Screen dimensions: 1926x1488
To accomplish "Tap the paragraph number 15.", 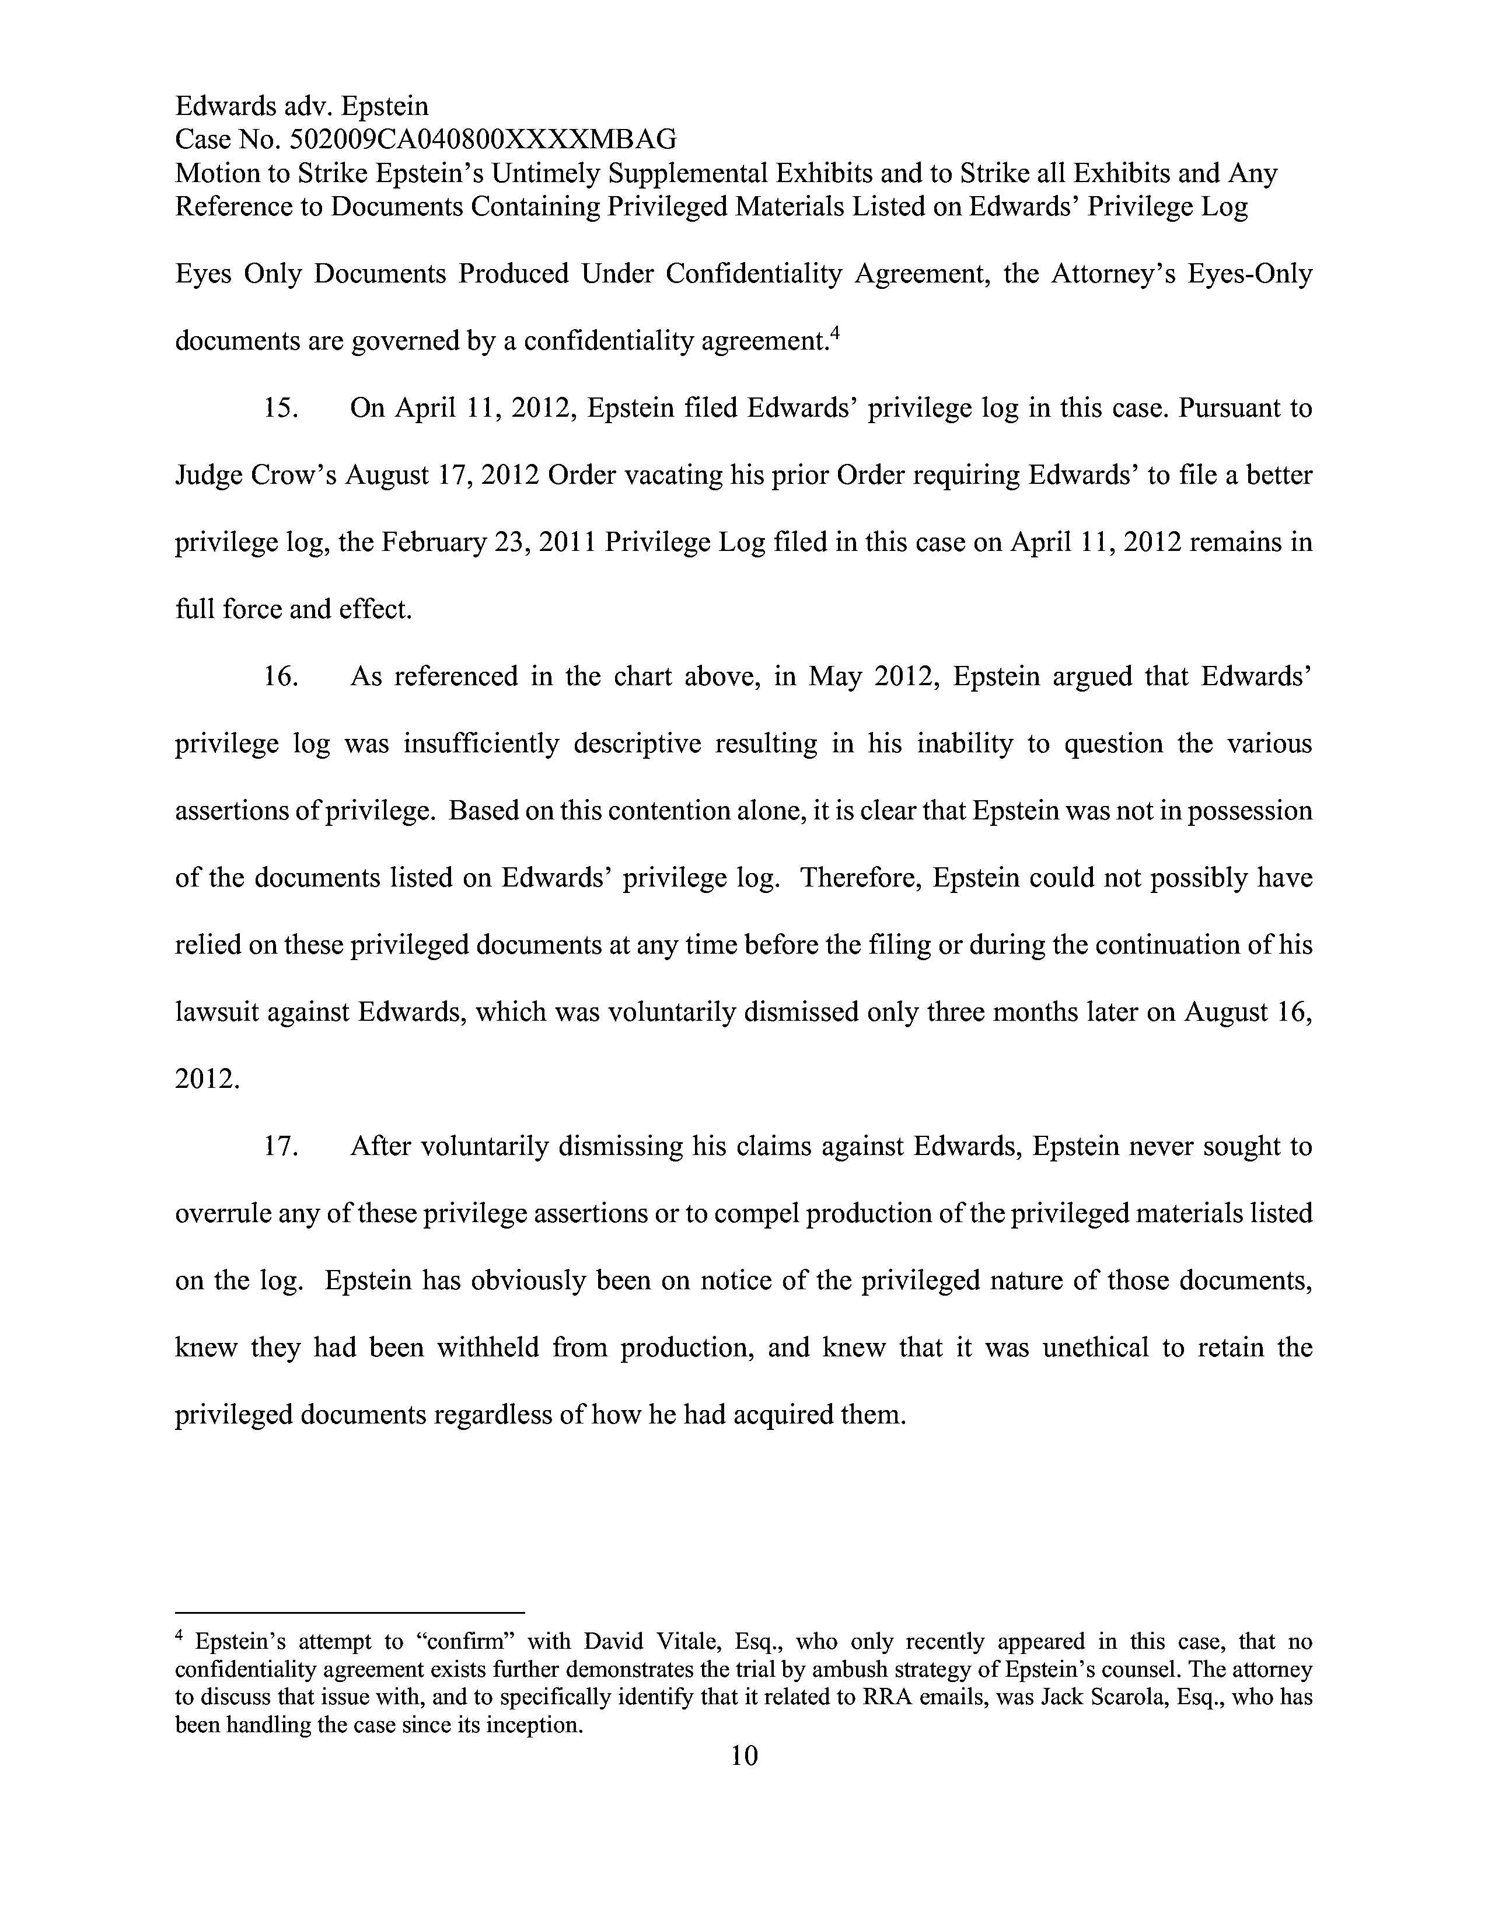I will tap(280, 409).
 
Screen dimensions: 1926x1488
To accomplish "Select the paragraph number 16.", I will tap(280, 677).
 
